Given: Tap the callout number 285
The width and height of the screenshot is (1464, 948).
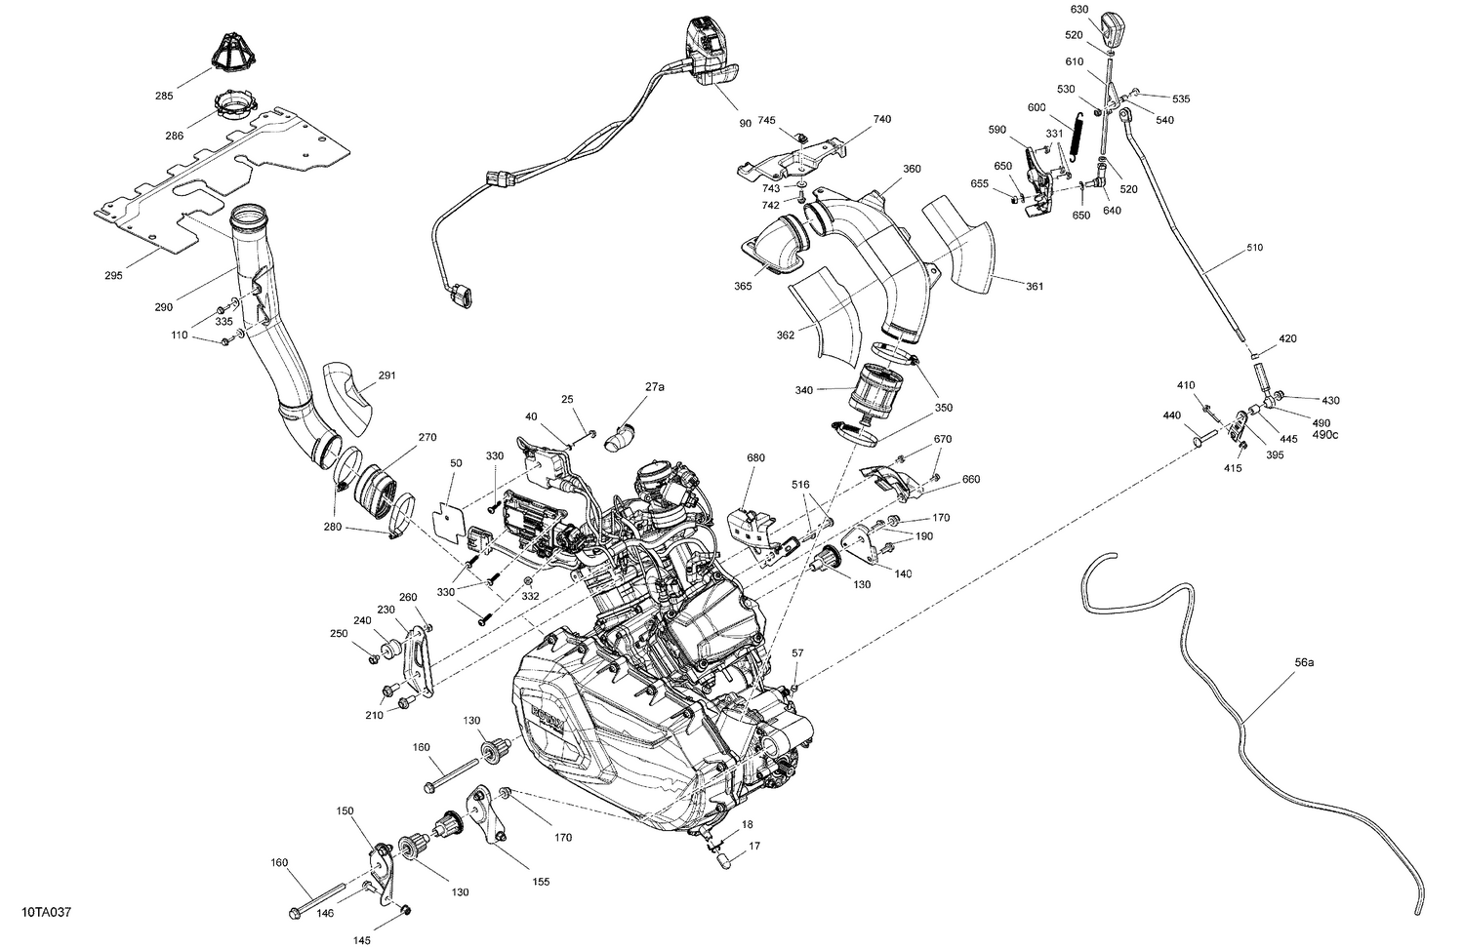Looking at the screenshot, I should [x=163, y=96].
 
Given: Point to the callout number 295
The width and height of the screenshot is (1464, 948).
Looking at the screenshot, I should [x=113, y=276].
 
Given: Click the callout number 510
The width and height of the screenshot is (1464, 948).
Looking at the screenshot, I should [x=1253, y=248].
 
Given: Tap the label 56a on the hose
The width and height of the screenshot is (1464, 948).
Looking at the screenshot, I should [x=1304, y=662].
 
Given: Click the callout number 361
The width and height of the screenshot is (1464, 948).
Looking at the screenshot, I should [x=1034, y=286].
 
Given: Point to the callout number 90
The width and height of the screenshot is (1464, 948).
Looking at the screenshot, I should [x=746, y=123].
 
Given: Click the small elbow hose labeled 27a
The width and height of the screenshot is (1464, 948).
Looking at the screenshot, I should [x=619, y=436].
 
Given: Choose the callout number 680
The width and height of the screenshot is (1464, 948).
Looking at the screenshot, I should [x=755, y=457].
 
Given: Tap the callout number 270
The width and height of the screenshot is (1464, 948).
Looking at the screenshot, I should [x=427, y=437].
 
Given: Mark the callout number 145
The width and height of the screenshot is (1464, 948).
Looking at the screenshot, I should [x=361, y=940].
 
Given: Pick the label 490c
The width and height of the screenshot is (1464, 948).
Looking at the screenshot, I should [x=1325, y=434].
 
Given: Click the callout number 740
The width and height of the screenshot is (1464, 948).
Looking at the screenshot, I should [x=881, y=119].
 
